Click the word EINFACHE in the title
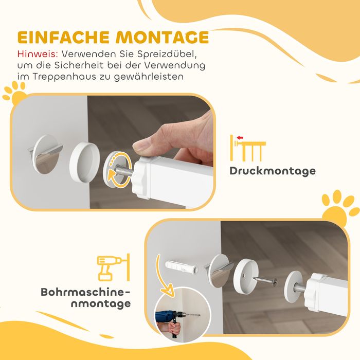click(63, 37)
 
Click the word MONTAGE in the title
click(163, 37)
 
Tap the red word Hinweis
click(38, 54)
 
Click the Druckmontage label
click(273, 171)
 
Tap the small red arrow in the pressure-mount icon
click(240, 138)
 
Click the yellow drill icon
click(114, 267)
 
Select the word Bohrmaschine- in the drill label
click(85, 292)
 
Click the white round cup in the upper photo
click(84, 162)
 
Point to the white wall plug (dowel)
click(181, 266)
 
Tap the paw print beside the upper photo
click(14, 94)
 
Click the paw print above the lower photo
click(340, 208)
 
